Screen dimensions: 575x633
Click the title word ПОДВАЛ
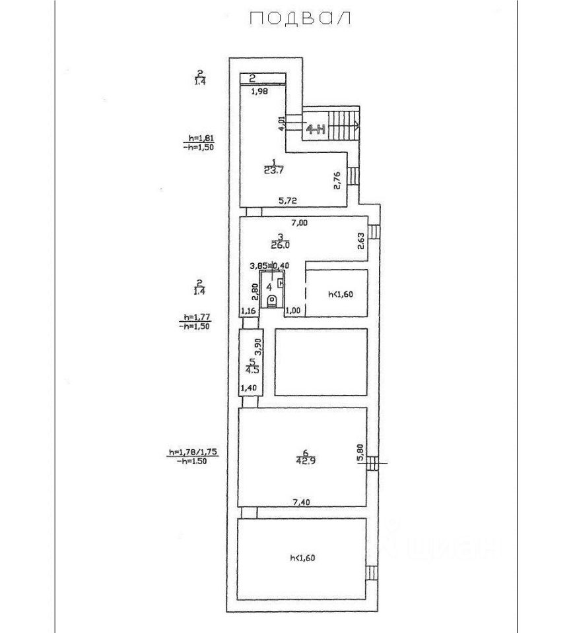300,19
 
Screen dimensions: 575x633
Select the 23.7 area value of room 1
273,169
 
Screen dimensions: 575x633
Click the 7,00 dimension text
299,223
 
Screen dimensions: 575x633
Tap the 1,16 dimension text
248,311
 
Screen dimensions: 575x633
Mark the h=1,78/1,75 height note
193,452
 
